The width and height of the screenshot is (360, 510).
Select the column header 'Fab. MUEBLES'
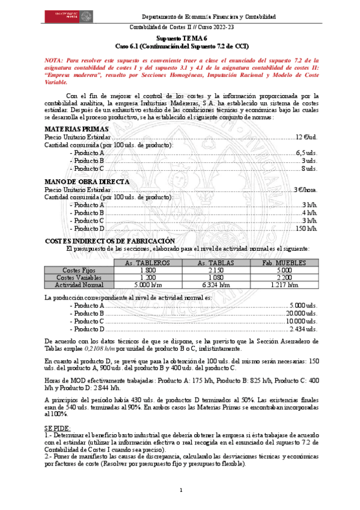(x=285, y=263)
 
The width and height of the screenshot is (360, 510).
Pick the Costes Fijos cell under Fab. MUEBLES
(x=285, y=271)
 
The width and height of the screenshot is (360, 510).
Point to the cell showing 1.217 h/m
(x=285, y=284)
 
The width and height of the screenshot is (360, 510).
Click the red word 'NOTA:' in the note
(x=54, y=61)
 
